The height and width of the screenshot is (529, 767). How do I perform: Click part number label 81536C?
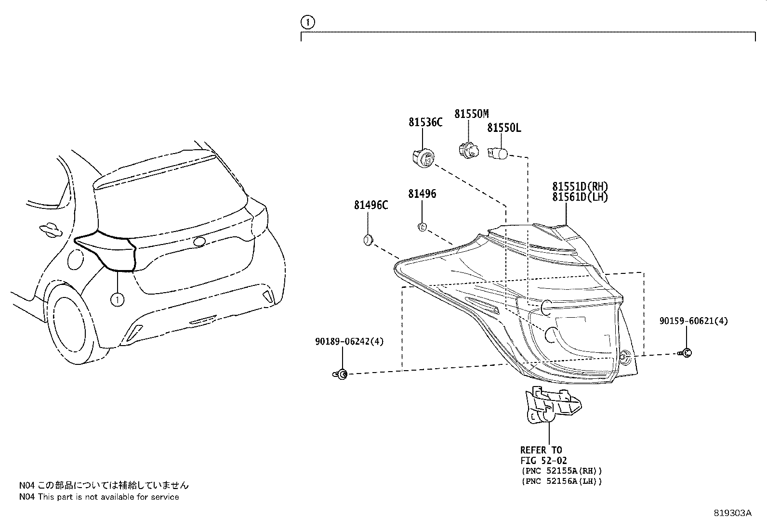coord(425,123)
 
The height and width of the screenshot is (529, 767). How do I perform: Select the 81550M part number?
coord(471,114)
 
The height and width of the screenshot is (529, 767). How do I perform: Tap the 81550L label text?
coord(503,128)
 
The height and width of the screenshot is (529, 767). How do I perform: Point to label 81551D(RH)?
coord(580,187)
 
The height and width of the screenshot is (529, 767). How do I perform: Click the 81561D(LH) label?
coord(580,197)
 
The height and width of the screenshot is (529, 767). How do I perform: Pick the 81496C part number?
coord(371,205)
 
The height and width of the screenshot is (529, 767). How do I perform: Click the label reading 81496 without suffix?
coord(422,194)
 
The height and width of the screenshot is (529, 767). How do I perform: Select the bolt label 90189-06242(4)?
coord(349,341)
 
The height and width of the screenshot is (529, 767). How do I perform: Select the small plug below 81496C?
coord(368,240)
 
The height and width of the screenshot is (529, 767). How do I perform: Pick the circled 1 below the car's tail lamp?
coord(117,299)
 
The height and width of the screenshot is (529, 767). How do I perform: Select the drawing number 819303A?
coord(732,513)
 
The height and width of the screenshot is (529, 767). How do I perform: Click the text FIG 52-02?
coord(544,461)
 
